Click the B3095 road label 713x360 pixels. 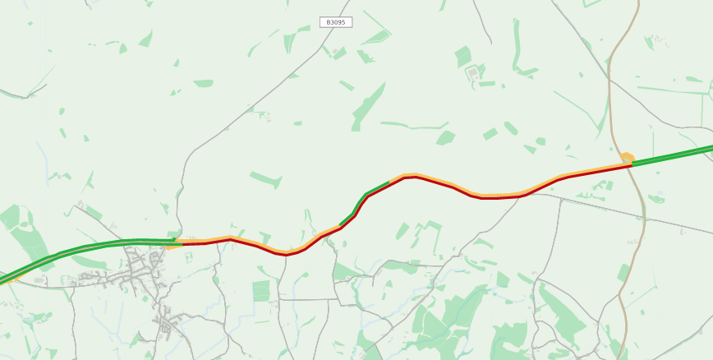[x=335, y=22]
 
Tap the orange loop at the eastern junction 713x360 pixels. [x=627, y=157]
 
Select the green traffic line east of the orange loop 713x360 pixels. [x=674, y=155]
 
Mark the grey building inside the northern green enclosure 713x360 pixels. [x=472, y=72]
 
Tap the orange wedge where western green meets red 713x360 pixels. [x=173, y=244]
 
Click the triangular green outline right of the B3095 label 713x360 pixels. [x=378, y=37]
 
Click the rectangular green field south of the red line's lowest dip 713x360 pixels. [x=261, y=290]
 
